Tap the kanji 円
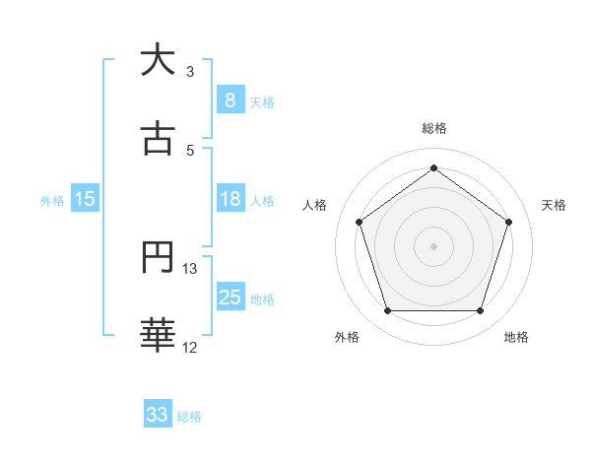pos(158,258)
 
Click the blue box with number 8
pos(230,99)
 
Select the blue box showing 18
pos(230,199)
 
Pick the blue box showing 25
pos(230,298)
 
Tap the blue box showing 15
pos(85,199)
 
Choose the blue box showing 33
pos(158,415)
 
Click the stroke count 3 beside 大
pos(190,72)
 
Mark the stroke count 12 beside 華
pos(190,348)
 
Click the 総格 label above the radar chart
pos(433,128)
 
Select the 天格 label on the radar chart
pos(555,205)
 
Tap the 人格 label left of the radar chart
pos(315,205)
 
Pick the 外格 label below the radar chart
pos(347,338)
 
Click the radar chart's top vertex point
pos(433,167)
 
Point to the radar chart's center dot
pos(433,245)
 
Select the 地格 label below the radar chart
pos(516,338)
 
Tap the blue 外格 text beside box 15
pos(52,200)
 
